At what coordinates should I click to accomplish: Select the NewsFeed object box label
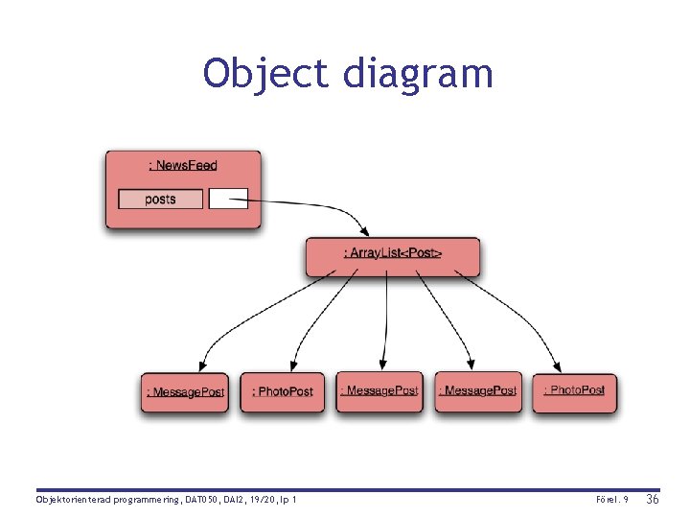(x=183, y=165)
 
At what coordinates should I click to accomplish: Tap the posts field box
(x=161, y=200)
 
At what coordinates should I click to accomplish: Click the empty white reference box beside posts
(x=228, y=199)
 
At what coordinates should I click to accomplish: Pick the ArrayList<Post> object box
(x=393, y=254)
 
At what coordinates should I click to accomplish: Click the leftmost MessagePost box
(x=185, y=392)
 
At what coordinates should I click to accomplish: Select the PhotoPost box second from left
(x=283, y=392)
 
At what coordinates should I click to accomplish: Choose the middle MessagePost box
(x=380, y=391)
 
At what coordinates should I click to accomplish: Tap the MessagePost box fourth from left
(x=478, y=391)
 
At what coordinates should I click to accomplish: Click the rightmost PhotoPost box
(x=575, y=391)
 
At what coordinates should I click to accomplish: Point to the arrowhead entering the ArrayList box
(x=363, y=230)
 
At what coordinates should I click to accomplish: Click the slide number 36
(x=654, y=500)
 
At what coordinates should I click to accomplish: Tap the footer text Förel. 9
(x=611, y=501)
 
